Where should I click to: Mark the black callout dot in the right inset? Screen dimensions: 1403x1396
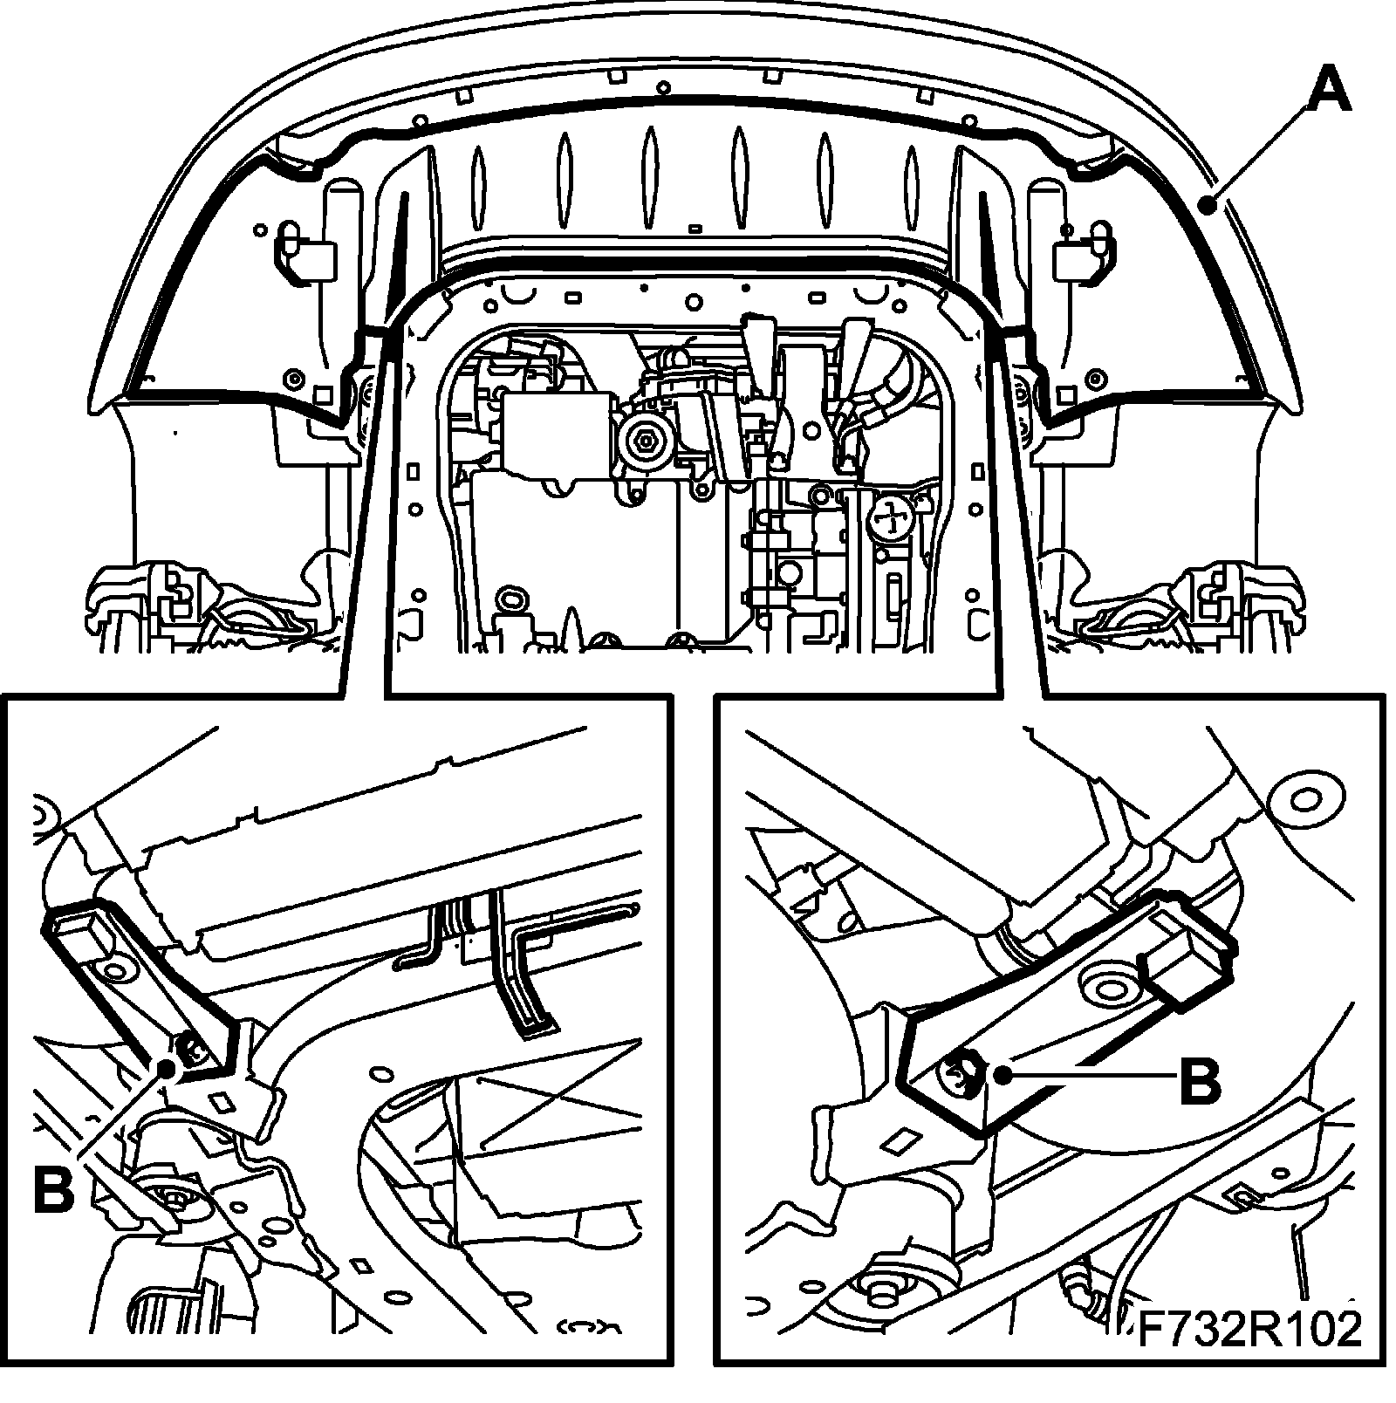coord(1007,1076)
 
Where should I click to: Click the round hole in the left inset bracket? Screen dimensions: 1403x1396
coord(113,969)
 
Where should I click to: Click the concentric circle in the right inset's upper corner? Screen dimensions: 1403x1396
coord(1304,799)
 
